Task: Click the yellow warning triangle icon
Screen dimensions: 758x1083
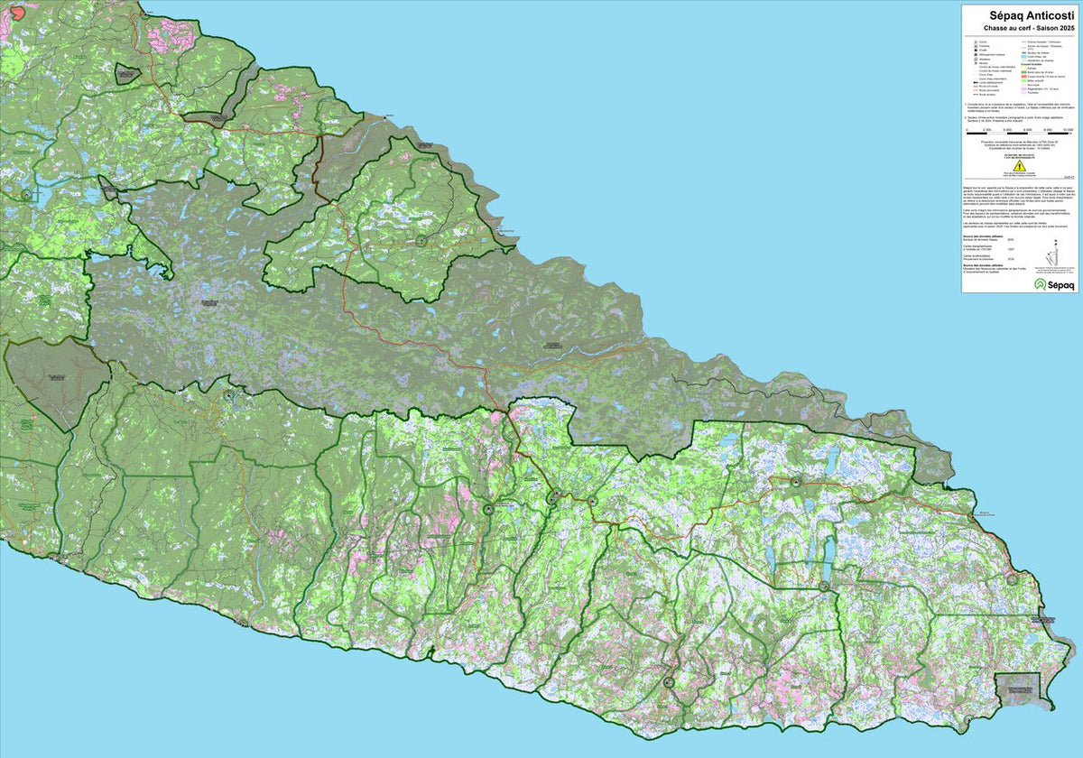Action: click(1018, 166)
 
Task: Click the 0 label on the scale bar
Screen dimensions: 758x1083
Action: click(967, 130)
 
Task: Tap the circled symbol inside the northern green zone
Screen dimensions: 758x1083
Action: click(421, 241)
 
